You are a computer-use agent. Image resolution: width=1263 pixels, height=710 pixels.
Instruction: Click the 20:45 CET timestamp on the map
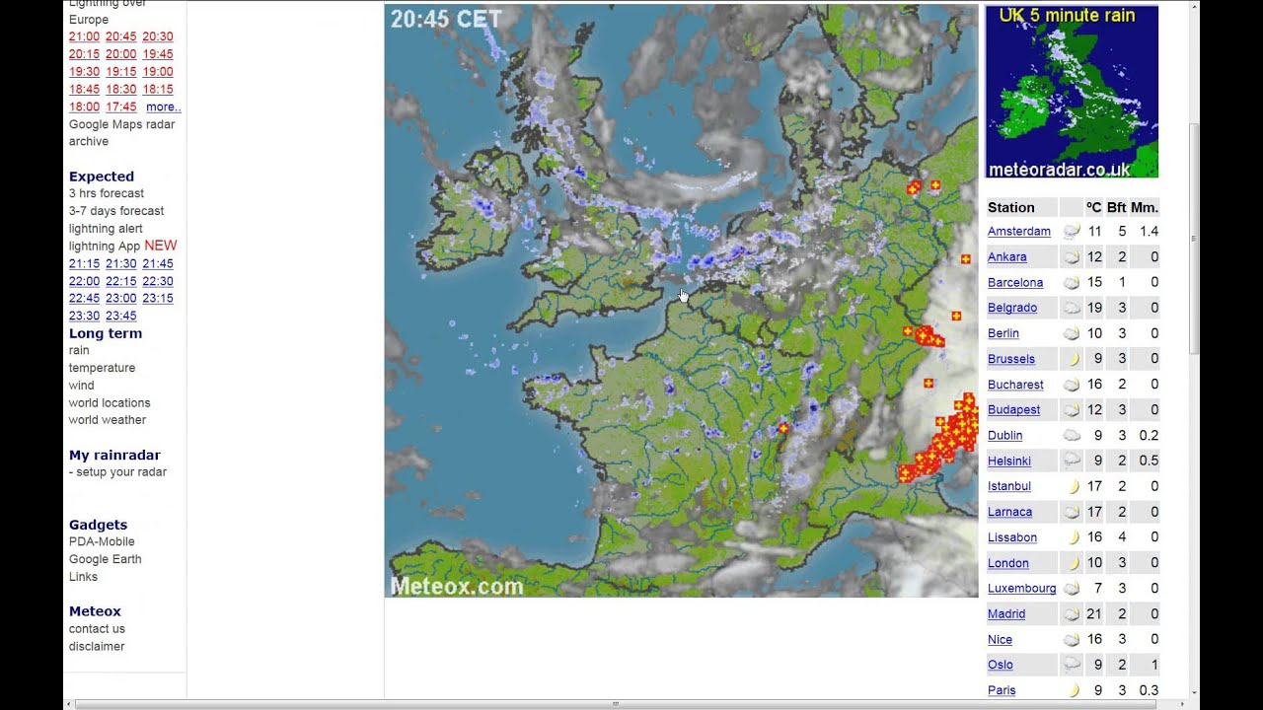tap(446, 19)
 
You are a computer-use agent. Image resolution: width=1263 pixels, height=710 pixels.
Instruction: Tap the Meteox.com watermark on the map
tap(457, 587)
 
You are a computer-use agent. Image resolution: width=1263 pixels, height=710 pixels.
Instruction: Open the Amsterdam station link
tap(1018, 232)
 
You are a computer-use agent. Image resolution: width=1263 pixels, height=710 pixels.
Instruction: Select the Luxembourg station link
tap(1021, 589)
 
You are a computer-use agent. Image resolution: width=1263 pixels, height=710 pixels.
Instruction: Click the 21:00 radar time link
tap(84, 37)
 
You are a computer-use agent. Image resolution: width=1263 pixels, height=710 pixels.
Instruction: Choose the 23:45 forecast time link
tap(120, 317)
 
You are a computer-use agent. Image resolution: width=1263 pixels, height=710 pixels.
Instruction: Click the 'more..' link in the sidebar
tap(163, 107)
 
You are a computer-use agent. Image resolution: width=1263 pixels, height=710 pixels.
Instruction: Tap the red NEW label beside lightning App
tap(161, 246)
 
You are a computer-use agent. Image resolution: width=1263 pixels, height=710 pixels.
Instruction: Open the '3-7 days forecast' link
tap(116, 211)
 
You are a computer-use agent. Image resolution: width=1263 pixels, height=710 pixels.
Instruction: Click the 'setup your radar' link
tap(121, 472)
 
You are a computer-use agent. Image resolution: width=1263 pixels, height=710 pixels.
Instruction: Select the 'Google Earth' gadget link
tap(105, 559)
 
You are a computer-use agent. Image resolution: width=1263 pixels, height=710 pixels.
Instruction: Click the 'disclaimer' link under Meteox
tap(97, 647)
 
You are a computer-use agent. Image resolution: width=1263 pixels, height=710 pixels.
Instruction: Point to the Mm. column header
tap(1145, 208)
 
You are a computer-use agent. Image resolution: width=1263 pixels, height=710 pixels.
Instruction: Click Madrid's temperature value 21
tap(1093, 614)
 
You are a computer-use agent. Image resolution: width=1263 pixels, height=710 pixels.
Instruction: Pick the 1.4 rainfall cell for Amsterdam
tap(1149, 232)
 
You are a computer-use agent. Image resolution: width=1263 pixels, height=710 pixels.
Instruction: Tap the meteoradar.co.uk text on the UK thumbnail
tap(1059, 170)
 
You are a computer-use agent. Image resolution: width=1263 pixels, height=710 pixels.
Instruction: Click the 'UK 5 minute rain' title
tap(1067, 16)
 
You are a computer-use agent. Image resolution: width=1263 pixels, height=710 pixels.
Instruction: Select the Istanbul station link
tap(1008, 486)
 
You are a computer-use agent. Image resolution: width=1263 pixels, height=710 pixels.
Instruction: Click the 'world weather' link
tap(107, 420)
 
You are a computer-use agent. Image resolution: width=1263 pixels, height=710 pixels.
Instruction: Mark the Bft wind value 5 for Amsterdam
tap(1122, 232)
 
